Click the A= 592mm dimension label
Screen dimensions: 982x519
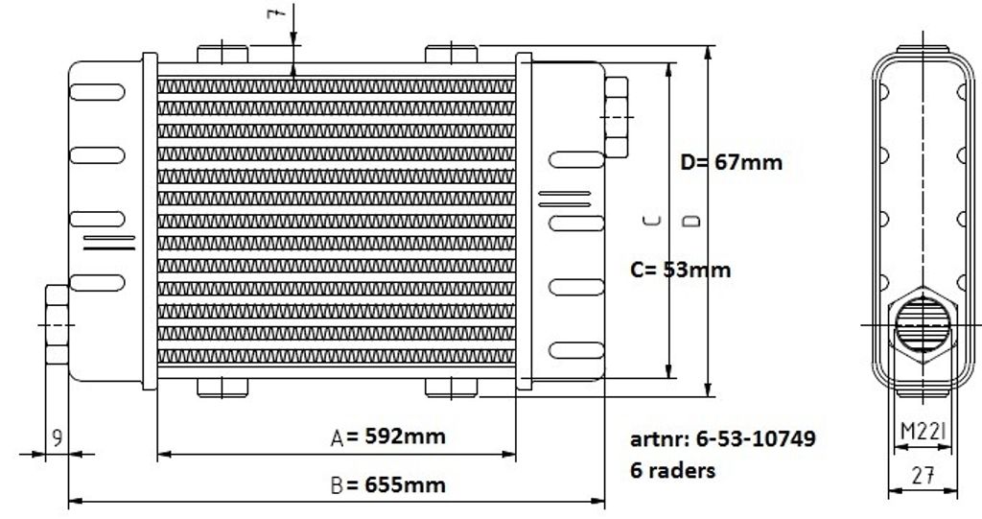(387, 436)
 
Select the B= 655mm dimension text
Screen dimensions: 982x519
(387, 485)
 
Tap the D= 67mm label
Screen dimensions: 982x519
(732, 163)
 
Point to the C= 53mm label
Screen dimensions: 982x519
(680, 271)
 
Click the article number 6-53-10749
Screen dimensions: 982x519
(723, 438)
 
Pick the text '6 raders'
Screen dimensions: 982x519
(672, 470)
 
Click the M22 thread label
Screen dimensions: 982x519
(924, 431)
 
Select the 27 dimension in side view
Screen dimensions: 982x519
(924, 476)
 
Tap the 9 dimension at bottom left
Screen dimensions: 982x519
(57, 437)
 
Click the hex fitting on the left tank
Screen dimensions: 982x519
(57, 324)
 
